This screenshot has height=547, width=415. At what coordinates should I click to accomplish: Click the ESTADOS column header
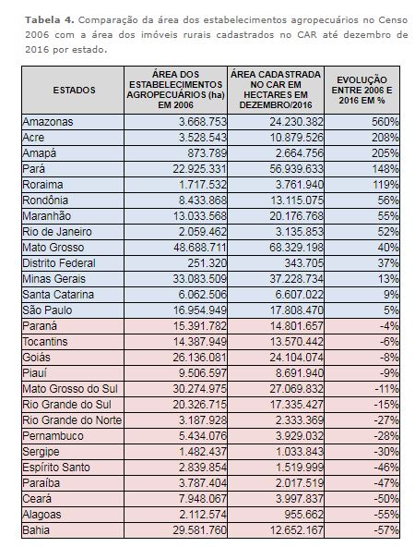(x=74, y=90)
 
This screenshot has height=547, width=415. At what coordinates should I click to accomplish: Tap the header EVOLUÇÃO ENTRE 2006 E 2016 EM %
(x=362, y=90)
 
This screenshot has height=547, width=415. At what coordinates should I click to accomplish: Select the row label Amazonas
(x=48, y=122)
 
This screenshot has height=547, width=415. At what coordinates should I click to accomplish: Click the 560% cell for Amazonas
(x=385, y=122)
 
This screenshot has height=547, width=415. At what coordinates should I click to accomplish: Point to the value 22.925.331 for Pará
(x=200, y=169)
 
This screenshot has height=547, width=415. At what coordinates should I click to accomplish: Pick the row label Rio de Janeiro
(x=57, y=232)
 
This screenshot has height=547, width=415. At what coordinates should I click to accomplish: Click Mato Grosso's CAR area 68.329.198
(x=296, y=248)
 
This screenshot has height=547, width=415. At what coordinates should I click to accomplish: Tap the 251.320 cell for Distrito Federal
(x=207, y=263)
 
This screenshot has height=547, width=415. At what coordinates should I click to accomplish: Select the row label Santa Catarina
(x=58, y=295)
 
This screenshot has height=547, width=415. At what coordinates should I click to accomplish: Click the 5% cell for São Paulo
(x=391, y=310)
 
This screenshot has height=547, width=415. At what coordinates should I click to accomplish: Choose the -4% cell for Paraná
(x=389, y=326)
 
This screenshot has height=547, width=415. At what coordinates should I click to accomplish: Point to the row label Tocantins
(x=45, y=342)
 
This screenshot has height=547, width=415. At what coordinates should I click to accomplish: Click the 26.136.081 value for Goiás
(x=200, y=358)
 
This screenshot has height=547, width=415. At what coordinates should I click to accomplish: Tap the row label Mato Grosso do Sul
(x=70, y=389)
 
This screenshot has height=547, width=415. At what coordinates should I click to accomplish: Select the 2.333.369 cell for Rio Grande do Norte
(x=300, y=420)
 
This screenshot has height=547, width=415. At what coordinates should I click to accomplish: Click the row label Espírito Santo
(x=56, y=468)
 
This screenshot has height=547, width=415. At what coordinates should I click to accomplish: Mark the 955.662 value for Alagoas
(x=303, y=515)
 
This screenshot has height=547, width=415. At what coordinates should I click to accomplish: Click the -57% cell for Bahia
(x=386, y=530)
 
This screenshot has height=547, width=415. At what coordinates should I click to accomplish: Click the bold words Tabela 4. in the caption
(x=50, y=20)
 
